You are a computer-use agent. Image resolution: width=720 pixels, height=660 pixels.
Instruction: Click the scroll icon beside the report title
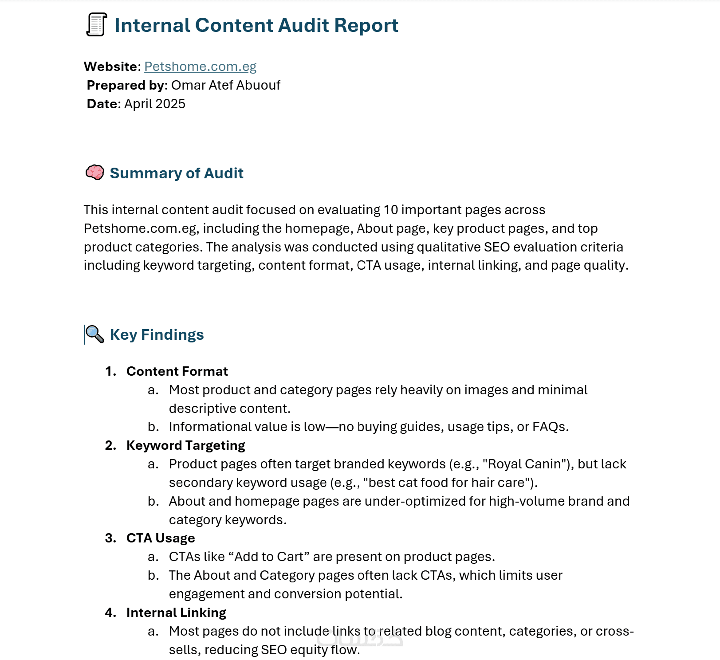tap(96, 25)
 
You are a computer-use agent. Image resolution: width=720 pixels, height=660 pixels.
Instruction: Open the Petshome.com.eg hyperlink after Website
tap(200, 67)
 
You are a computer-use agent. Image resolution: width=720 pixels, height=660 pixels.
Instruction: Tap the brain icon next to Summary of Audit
tap(94, 173)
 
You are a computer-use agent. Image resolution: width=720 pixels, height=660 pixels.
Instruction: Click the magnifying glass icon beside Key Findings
tap(94, 334)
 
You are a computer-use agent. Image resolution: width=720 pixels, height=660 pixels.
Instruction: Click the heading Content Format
tap(177, 371)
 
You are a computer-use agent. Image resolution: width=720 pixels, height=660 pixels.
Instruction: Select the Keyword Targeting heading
tap(185, 445)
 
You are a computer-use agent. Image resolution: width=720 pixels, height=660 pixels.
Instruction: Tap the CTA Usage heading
tap(161, 538)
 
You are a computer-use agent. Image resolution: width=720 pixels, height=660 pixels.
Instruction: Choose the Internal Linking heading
tap(176, 613)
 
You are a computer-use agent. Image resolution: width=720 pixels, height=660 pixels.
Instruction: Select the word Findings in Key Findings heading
tap(172, 334)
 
